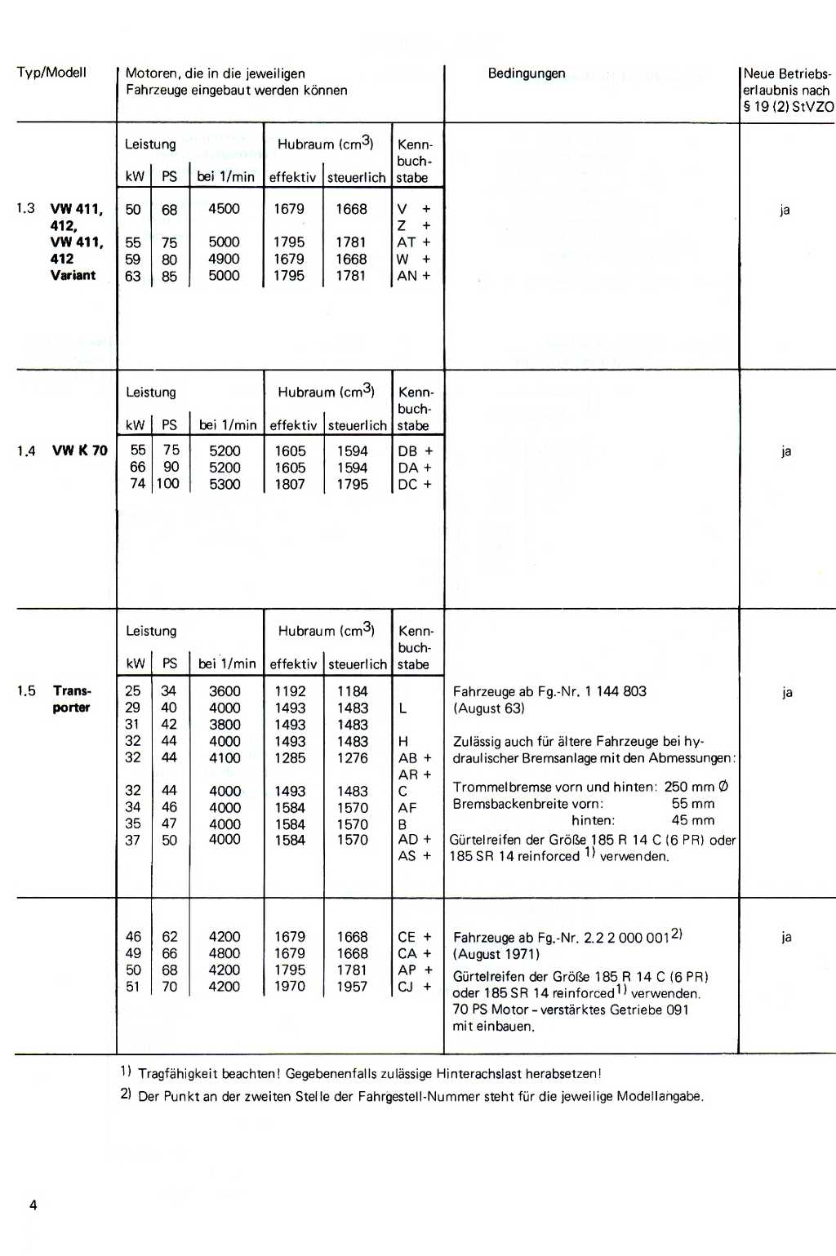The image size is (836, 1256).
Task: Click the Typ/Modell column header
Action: pos(51,73)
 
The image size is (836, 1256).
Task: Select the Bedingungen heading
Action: pos(527,73)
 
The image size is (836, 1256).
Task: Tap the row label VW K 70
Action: pos(80,450)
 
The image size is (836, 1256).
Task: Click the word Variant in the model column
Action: pos(73,275)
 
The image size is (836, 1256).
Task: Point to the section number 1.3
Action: pos(25,208)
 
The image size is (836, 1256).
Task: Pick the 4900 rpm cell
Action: pos(224,259)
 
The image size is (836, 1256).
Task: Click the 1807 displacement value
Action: pos(290,484)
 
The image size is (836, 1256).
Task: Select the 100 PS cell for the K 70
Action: pos(168,484)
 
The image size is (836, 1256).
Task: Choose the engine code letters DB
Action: pos(407,451)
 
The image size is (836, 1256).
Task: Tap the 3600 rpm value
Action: pos(225,691)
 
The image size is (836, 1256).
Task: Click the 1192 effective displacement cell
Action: pos(290,691)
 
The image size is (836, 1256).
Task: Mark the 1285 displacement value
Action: pos(290,757)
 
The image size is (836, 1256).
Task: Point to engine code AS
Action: pos(407,856)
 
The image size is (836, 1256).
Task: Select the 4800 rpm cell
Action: pos(224,953)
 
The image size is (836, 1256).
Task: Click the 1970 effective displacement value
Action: pos(290,987)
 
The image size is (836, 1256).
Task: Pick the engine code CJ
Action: pos(406,987)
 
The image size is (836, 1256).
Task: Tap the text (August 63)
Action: pos(489,708)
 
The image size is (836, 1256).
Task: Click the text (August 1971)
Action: pos(496,954)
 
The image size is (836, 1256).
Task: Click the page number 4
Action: pos(33,1205)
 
